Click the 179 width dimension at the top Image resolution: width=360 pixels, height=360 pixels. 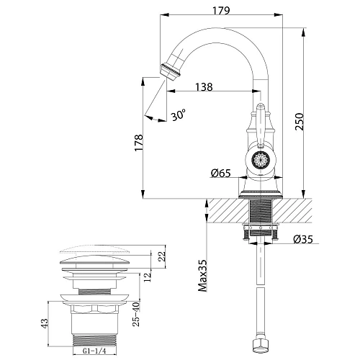221,10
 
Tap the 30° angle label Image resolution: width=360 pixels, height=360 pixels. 178,114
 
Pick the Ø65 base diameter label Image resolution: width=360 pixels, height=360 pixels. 221,173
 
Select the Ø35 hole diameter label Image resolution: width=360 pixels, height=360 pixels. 302,240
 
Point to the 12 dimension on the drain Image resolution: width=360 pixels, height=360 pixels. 147,279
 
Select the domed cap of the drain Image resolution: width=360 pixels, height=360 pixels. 96,257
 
